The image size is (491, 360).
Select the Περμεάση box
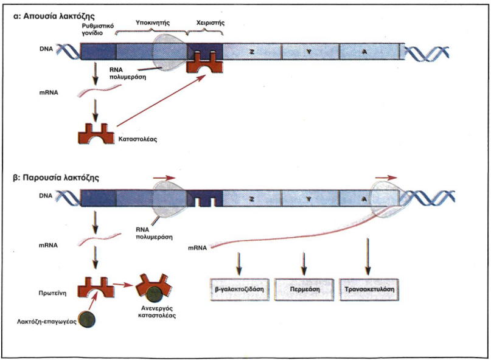tap(304, 289)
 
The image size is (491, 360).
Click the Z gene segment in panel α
tap(251, 52)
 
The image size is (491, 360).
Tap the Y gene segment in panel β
tap(308, 197)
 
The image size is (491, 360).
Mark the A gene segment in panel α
tap(365, 52)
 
